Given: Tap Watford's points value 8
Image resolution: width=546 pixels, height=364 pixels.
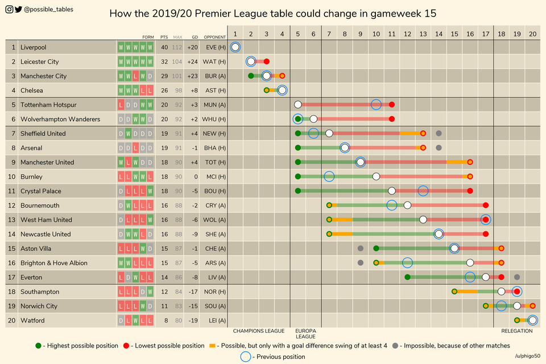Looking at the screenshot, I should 164,320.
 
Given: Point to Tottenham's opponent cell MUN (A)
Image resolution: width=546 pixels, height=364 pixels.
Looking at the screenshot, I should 214,105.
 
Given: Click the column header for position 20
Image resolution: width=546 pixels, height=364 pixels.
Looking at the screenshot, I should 532,34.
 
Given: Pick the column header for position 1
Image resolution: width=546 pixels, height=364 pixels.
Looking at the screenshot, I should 235,34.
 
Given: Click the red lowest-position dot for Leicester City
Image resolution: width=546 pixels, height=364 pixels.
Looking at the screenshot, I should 267,61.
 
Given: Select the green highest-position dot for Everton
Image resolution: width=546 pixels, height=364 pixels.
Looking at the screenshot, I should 408,277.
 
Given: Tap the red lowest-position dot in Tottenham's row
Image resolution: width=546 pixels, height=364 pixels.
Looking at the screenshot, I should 392,105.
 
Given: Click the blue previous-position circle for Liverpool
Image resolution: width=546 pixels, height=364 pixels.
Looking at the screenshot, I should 235,47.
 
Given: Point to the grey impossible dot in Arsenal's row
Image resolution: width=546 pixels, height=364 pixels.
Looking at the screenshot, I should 439,148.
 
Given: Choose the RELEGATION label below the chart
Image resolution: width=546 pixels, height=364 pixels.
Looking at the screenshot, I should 516,330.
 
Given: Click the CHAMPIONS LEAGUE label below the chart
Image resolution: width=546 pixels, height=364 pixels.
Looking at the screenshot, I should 259,330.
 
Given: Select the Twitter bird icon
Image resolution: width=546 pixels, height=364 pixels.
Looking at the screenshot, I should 19,9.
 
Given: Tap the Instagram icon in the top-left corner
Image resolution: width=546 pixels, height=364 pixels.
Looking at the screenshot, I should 9,9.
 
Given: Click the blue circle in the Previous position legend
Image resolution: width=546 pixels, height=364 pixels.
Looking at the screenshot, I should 245,357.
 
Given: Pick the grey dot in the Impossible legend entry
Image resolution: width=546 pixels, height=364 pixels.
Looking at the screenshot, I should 395,345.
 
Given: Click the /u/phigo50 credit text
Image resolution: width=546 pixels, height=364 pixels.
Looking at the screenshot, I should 527,356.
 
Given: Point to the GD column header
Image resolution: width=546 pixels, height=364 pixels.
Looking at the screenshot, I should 195,37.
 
